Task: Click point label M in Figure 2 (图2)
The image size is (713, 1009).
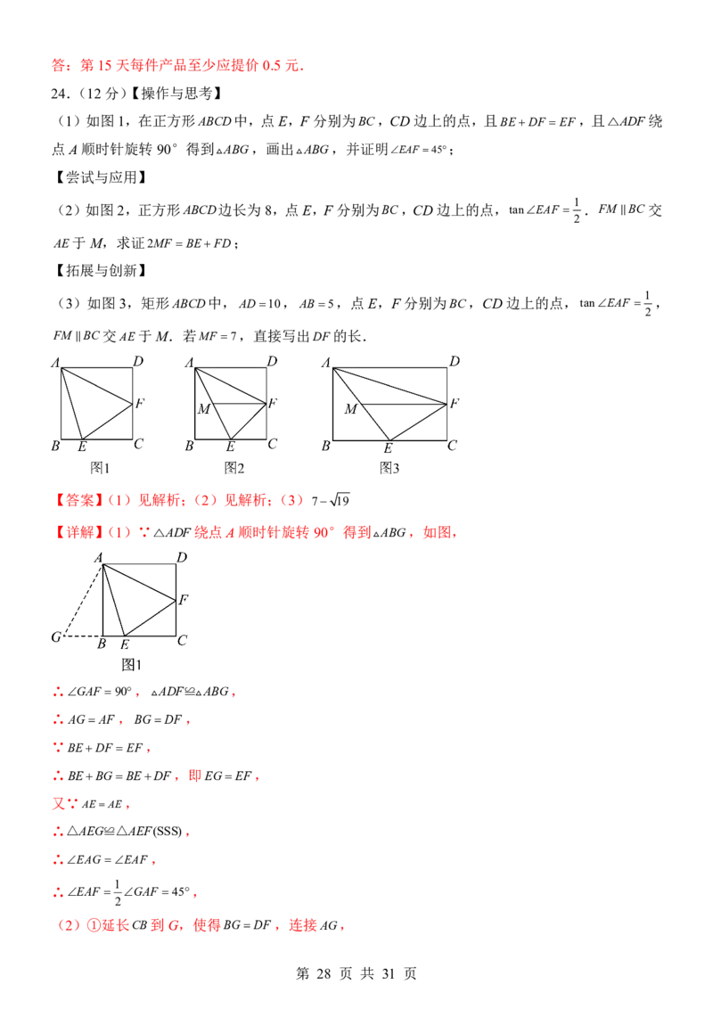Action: pyautogui.click(x=204, y=409)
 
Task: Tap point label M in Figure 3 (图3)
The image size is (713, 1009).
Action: pyautogui.click(x=351, y=409)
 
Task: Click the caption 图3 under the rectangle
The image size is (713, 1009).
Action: pyautogui.click(x=389, y=468)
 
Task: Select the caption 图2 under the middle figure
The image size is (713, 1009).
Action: pyautogui.click(x=234, y=468)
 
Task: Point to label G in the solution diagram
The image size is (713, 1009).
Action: pyautogui.click(x=57, y=637)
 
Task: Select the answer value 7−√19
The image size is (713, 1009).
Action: pyautogui.click(x=331, y=500)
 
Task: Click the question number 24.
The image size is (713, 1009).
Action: pyautogui.click(x=60, y=94)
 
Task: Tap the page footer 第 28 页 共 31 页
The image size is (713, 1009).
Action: pyautogui.click(x=356, y=973)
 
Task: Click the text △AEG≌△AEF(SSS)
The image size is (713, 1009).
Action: pyautogui.click(x=125, y=832)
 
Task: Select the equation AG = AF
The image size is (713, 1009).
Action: pyautogui.click(x=92, y=720)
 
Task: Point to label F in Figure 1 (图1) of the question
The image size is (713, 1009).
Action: pyautogui.click(x=140, y=404)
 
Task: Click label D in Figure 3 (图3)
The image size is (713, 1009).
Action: pyautogui.click(x=455, y=361)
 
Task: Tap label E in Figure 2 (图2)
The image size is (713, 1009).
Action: pyautogui.click(x=230, y=447)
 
